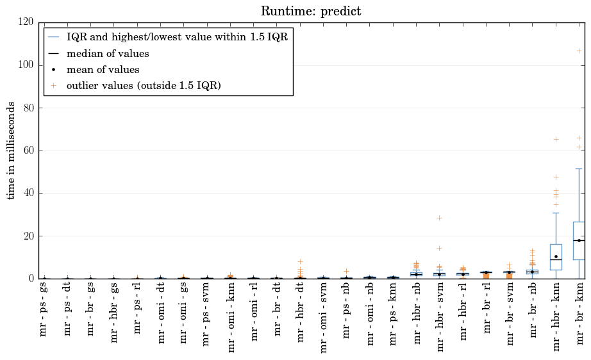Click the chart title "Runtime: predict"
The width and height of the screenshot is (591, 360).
coord(310,12)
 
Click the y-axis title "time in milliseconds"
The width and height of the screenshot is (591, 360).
coord(12,151)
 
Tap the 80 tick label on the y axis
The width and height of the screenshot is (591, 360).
coord(28,108)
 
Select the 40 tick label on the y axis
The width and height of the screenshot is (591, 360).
coord(28,193)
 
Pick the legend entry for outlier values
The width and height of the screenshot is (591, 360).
coord(144,86)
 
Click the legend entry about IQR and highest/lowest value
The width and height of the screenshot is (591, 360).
coord(177,37)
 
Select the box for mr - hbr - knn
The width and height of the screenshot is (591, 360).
coord(556,257)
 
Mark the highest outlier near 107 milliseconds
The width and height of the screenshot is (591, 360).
coord(579,51)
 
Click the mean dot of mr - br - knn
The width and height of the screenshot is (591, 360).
coord(579,240)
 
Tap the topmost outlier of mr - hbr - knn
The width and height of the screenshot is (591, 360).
coord(556,139)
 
